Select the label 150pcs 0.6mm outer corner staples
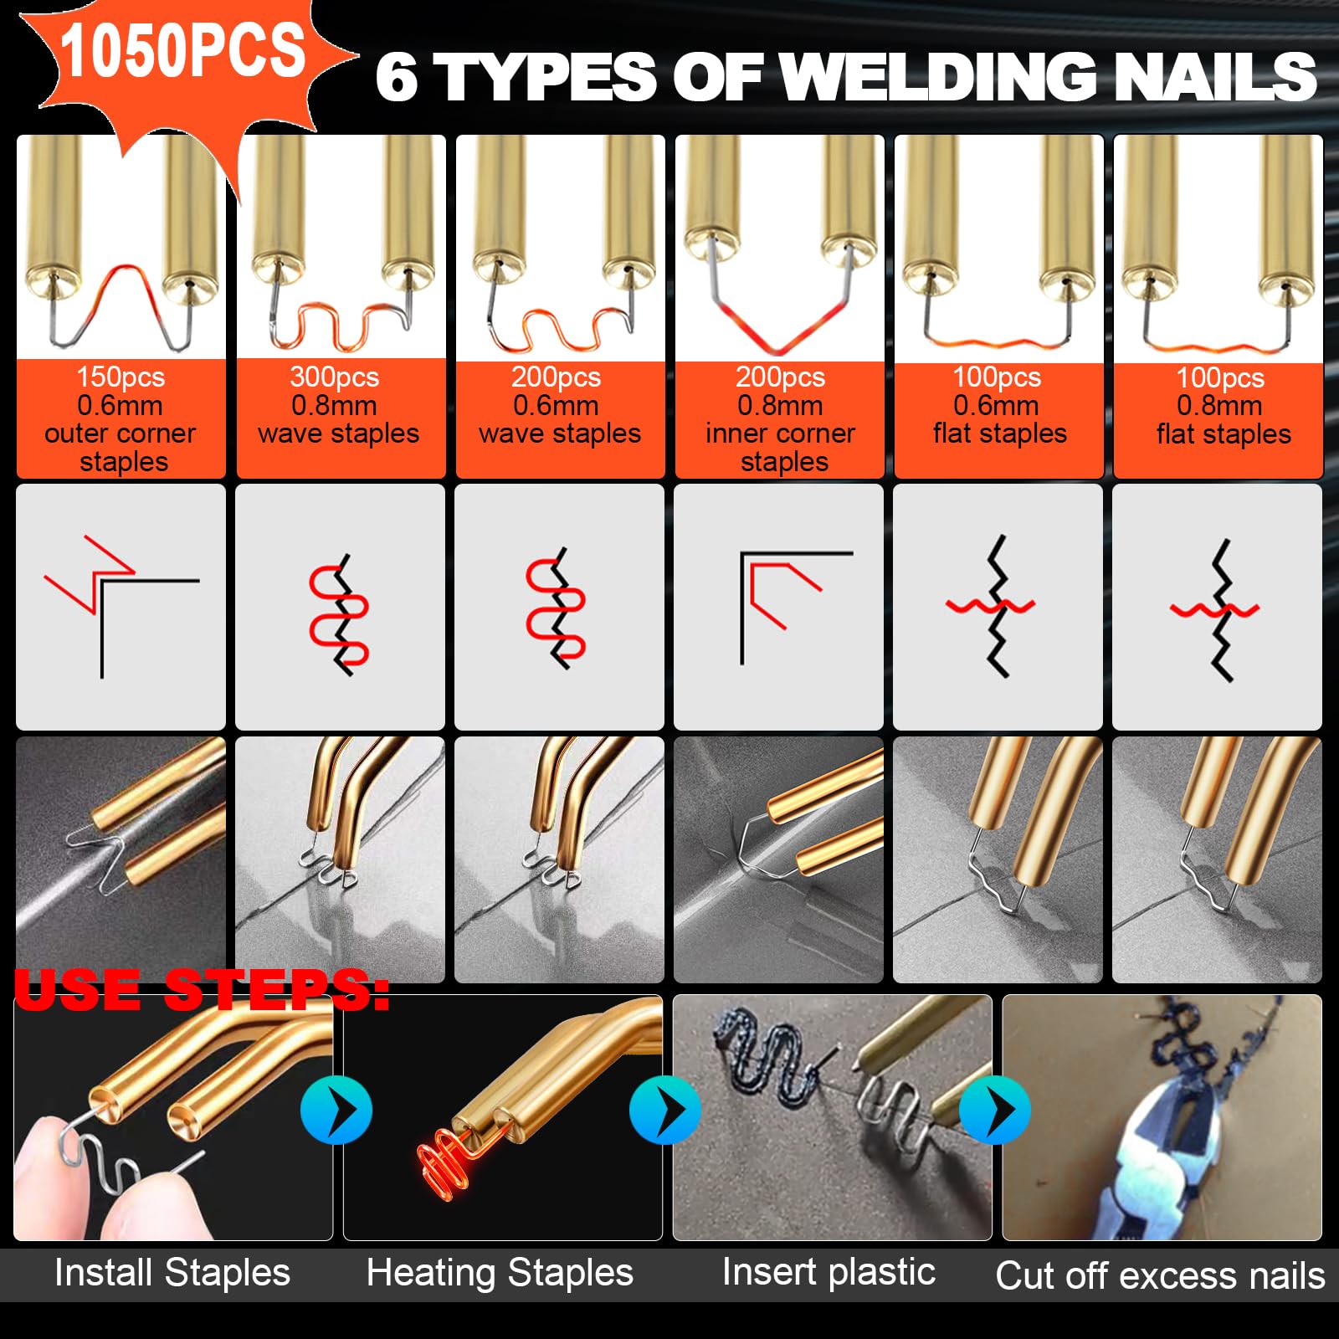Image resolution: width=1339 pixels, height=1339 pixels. point(121,419)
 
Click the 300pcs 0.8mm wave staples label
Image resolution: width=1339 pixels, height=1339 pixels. point(338,405)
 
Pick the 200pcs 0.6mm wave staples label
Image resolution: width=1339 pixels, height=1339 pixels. point(559,405)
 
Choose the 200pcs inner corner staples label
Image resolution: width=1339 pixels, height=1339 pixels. point(780,419)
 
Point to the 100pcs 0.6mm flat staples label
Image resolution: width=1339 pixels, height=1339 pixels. point(999,405)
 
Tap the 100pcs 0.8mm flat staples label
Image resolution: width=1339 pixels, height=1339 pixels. point(1223,405)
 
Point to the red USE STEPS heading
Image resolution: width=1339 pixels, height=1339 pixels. point(202,989)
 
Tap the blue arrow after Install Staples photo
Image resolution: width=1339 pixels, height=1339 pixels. point(336,1111)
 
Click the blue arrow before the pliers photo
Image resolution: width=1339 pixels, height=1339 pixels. point(994,1111)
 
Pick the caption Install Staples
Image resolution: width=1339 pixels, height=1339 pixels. point(172,1273)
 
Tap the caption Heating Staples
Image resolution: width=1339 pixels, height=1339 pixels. point(500,1274)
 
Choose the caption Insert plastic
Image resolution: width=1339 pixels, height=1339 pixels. point(829,1273)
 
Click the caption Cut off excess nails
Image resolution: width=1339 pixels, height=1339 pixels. point(1160,1276)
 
